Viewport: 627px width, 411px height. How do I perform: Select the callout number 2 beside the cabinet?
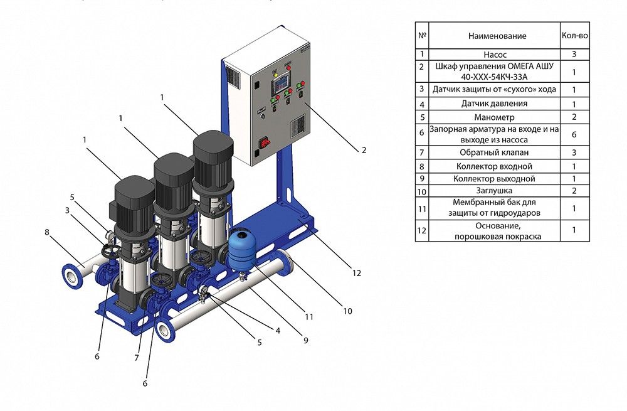click(x=364, y=151)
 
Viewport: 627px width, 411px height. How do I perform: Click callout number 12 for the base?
click(x=357, y=273)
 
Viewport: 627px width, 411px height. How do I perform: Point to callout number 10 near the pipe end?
click(x=347, y=311)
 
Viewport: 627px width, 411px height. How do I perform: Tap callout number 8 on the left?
click(x=46, y=232)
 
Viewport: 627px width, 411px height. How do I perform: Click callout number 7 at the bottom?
click(x=135, y=358)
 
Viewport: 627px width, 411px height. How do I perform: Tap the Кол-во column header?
click(x=574, y=36)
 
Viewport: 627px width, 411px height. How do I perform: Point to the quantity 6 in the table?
click(x=574, y=135)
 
